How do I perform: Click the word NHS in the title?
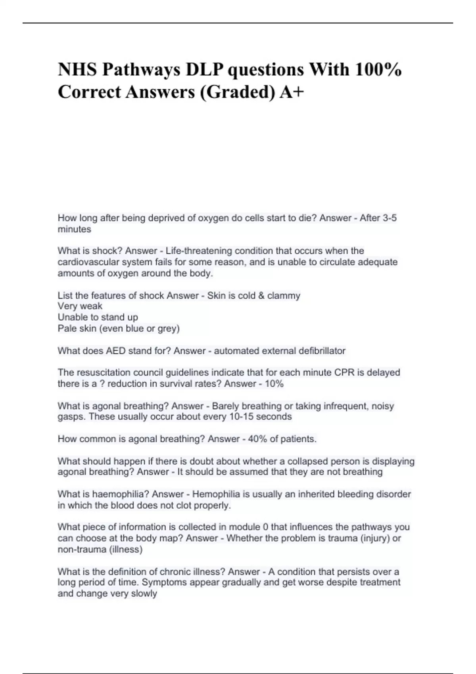tap(77, 70)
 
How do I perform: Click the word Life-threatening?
tap(199, 251)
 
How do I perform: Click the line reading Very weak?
tap(80, 306)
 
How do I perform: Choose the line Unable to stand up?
tap(98, 317)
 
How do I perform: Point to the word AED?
tap(115, 351)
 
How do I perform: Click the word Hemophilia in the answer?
tap(216, 494)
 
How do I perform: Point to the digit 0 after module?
tap(265, 527)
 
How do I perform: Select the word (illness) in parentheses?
tap(125, 550)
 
